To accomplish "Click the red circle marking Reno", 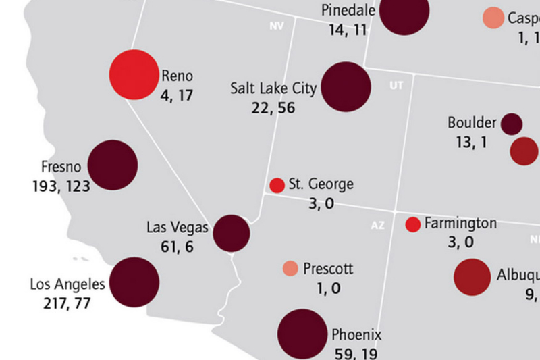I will coord(134,74).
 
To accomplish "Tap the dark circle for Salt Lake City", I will coord(346,86).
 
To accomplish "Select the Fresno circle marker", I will coord(113,165).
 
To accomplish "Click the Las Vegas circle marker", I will coord(232,234).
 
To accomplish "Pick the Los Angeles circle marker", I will coord(134,282).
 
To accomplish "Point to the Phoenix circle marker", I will coord(302,334).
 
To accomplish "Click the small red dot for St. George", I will coord(277,185).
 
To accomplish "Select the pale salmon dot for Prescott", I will coord(290,269).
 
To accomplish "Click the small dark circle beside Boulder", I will coord(512,124).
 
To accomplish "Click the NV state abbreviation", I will coord(275,26).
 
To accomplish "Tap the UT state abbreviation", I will coord(396,86).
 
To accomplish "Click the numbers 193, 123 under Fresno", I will coord(61,186).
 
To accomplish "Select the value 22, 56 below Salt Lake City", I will coord(273,108).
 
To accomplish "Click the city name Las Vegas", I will coord(177,227).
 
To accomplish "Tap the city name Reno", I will coord(177,76).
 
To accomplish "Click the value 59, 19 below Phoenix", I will coord(356,353).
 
